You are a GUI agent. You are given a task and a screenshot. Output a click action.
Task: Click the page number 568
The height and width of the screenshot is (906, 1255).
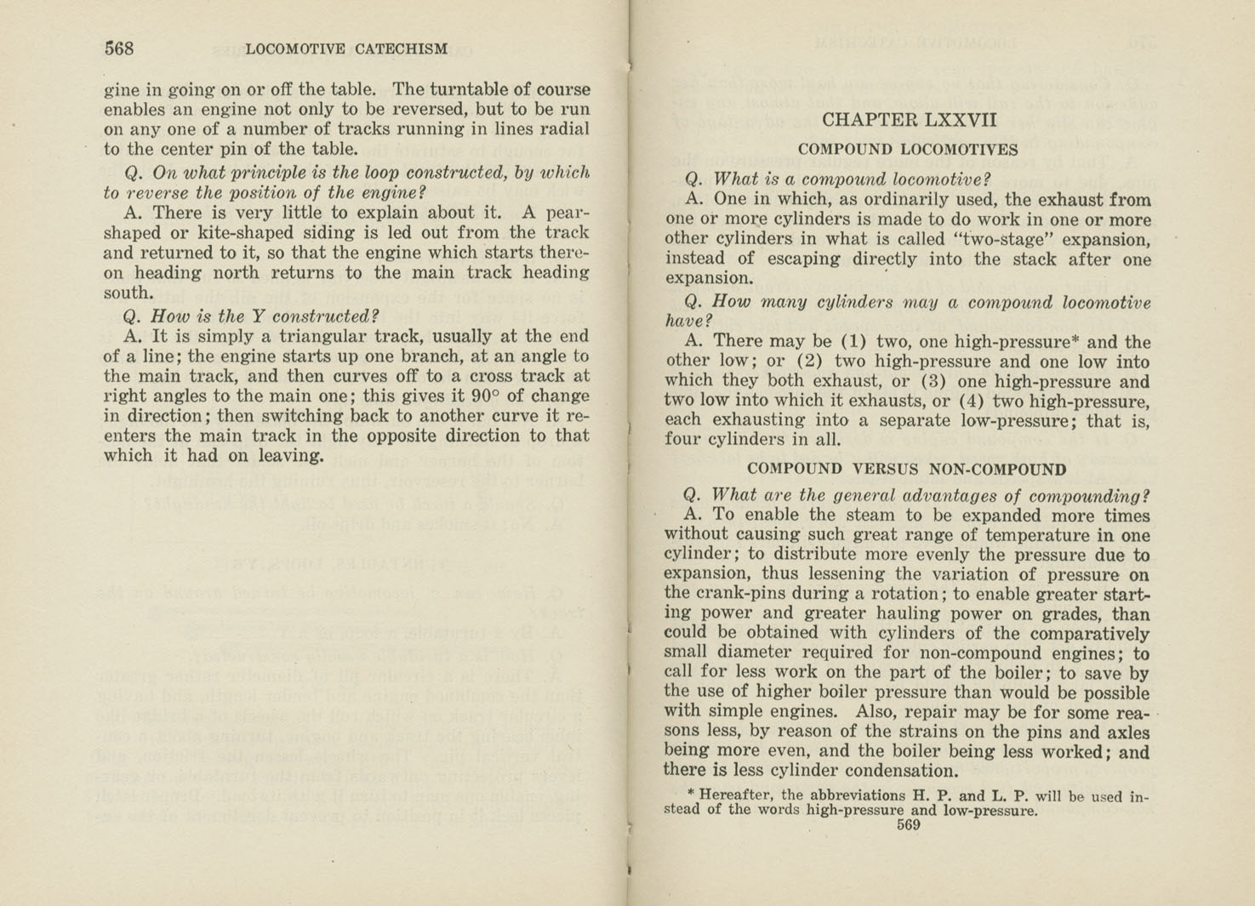(x=119, y=48)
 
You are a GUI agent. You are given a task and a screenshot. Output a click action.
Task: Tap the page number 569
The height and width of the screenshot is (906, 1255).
(x=908, y=824)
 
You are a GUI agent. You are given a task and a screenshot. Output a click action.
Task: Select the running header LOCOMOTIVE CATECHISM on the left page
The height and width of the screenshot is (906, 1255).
(x=346, y=49)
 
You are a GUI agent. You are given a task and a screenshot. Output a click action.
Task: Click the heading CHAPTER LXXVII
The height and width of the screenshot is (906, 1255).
(x=909, y=120)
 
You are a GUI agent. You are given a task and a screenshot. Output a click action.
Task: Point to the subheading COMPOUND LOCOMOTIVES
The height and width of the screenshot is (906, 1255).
(x=907, y=150)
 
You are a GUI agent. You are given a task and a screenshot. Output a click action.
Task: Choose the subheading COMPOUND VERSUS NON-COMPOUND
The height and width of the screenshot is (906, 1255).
(x=906, y=469)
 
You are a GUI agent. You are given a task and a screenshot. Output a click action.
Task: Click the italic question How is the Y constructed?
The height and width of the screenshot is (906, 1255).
(x=251, y=316)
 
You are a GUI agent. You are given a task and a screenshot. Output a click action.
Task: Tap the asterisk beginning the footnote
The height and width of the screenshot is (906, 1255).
(x=691, y=795)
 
